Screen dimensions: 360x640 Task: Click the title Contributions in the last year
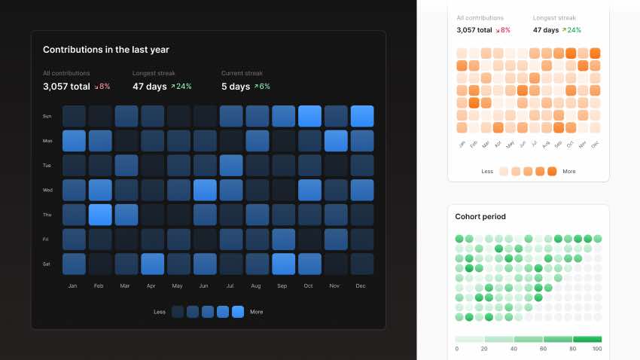[106, 50]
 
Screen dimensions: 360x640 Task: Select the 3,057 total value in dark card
[66, 87]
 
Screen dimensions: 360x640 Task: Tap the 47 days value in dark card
[150, 87]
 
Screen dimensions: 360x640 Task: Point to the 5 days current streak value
[236, 87]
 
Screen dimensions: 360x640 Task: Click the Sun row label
[47, 116]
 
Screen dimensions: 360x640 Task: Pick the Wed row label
[47, 190]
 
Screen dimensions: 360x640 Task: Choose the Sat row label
[47, 264]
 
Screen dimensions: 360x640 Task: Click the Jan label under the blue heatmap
[73, 286]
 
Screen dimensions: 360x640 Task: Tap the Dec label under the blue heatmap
[361, 286]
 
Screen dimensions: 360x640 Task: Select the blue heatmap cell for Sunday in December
[361, 116]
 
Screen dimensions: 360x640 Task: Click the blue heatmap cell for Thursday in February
[100, 215]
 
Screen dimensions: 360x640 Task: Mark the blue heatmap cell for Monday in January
[74, 141]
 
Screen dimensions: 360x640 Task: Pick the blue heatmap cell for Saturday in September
[283, 264]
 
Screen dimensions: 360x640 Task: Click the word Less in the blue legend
[160, 312]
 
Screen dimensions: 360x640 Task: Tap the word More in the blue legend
[257, 312]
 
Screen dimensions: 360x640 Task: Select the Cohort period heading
[480, 217]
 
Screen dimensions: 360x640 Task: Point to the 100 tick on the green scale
[597, 349]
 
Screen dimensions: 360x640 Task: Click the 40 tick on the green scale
[514, 349]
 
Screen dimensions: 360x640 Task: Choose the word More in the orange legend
[569, 172]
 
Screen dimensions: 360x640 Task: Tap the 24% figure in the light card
[574, 30]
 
